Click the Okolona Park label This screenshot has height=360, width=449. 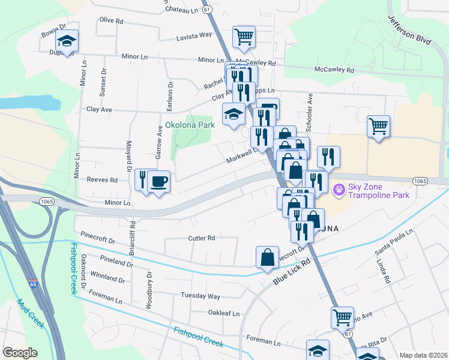pyautogui.click(x=190, y=126)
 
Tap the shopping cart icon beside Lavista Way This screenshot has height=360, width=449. pyautogui.click(x=244, y=36)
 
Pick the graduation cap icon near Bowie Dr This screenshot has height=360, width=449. pyautogui.click(x=67, y=40)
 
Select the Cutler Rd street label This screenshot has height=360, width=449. pyautogui.click(x=201, y=238)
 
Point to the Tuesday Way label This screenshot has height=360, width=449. pyautogui.click(x=200, y=296)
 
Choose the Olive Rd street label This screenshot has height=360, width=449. pyautogui.click(x=111, y=20)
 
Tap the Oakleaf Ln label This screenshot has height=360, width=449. pyautogui.click(x=223, y=313)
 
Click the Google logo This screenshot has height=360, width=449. pyautogui.click(x=20, y=353)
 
